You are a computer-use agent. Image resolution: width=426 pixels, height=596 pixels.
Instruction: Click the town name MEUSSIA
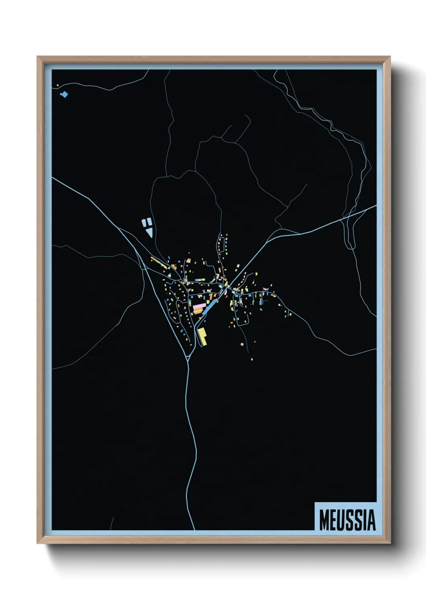click(347, 520)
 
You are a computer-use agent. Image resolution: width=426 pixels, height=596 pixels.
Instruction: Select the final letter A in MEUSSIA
click(371, 520)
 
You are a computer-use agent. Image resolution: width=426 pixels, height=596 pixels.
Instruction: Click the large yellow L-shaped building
click(202, 336)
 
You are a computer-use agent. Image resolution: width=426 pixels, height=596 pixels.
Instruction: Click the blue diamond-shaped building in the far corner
click(64, 95)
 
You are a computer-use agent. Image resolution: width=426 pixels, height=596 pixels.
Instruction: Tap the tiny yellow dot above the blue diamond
click(58, 85)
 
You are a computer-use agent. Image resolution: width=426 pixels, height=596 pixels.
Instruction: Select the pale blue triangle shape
click(149, 232)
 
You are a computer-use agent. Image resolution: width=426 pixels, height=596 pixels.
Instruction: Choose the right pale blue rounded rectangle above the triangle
click(149, 221)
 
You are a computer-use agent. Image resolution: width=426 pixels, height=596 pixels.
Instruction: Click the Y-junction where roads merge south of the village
click(188, 358)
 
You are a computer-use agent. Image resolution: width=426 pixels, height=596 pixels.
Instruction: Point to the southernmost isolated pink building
click(252, 358)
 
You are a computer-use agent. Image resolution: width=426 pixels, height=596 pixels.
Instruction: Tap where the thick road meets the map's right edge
click(376, 206)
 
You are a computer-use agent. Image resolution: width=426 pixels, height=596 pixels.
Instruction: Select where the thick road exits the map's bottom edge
click(194, 529)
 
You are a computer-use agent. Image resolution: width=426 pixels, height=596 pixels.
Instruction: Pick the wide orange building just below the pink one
click(198, 311)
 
